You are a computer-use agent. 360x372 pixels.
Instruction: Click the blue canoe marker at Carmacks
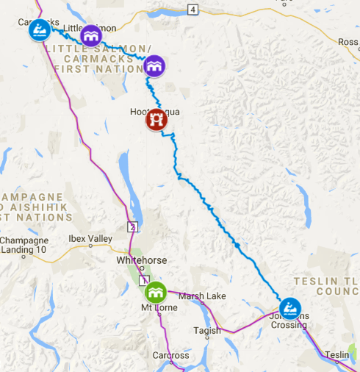coord(39,30)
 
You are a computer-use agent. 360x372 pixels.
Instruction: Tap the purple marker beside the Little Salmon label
coord(90,35)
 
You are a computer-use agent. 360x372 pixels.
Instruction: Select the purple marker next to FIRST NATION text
coord(154,66)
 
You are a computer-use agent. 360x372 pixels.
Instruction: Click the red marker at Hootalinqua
coord(155,119)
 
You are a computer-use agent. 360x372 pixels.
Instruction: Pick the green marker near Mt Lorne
coord(154,293)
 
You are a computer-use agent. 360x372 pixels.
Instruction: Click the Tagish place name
coord(206,331)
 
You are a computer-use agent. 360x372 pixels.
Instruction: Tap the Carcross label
coord(170,356)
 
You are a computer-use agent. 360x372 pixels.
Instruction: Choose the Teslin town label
coord(336,354)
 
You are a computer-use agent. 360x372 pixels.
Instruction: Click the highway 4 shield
coord(192,9)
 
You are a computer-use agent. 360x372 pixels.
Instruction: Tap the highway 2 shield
coord(132,226)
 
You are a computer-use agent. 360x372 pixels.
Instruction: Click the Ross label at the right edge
coord(348,43)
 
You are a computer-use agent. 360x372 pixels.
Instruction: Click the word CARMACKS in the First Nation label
coord(94,59)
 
